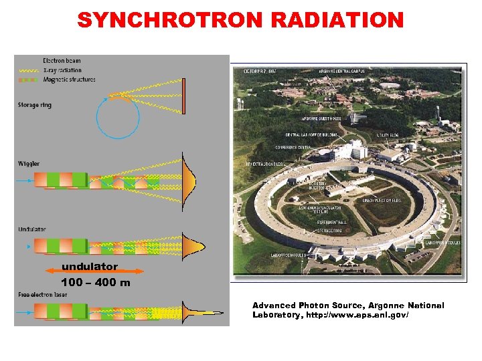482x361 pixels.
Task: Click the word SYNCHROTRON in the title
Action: pyautogui.click(x=170, y=19)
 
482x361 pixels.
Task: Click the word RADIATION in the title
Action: pyautogui.click(x=337, y=19)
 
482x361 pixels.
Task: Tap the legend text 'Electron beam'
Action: pyautogui.click(x=62, y=61)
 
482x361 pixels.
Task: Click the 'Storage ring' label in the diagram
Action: pyautogui.click(x=35, y=105)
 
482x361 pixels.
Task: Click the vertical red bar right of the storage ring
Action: pyautogui.click(x=183, y=96)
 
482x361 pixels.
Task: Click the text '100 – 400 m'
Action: pyautogui.click(x=96, y=283)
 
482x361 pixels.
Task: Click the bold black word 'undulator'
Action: pyautogui.click(x=89, y=265)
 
